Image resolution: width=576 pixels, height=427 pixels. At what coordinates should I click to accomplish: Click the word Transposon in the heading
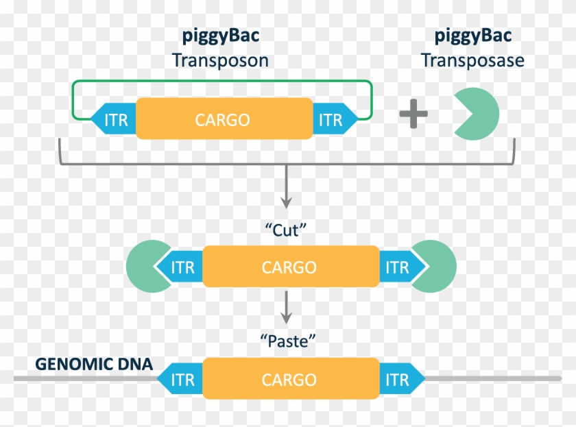[220, 60]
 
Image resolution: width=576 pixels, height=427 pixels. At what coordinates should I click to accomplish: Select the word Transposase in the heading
[472, 60]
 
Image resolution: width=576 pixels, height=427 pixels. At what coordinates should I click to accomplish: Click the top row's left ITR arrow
[115, 120]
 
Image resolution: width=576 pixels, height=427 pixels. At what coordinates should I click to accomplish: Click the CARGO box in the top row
[222, 120]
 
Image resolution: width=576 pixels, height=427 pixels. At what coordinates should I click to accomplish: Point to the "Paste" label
[288, 339]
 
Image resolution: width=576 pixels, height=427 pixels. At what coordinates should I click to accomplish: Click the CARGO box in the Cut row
[289, 267]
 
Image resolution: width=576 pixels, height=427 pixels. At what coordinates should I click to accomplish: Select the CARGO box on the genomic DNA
[289, 379]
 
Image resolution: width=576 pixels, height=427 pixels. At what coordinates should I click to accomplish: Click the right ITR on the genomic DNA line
[398, 379]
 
